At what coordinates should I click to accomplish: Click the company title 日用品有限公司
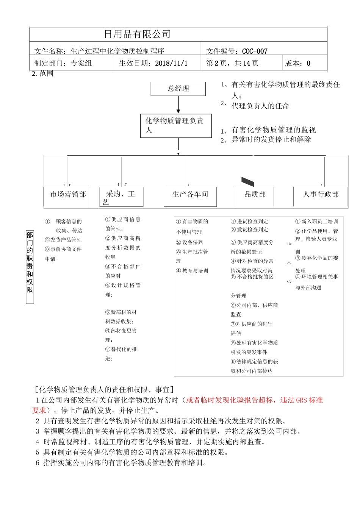click(137, 34)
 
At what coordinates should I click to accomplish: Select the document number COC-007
click(255, 52)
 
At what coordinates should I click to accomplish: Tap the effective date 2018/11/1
click(171, 63)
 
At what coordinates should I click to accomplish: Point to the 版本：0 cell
click(298, 63)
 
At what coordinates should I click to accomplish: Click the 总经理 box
click(178, 89)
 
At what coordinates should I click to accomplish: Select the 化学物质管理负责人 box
click(175, 125)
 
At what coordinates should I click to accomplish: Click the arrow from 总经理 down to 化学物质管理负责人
click(178, 105)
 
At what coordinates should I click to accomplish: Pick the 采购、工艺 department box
click(121, 197)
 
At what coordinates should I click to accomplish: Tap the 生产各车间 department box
click(190, 195)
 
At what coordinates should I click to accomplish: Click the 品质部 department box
click(255, 195)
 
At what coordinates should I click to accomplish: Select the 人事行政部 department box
click(321, 195)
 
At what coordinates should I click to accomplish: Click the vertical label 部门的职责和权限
click(30, 262)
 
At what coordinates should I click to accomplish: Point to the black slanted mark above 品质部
click(247, 182)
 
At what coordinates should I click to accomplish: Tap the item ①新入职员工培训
click(316, 222)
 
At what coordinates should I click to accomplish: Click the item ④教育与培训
click(192, 271)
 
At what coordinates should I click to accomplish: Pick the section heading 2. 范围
click(42, 74)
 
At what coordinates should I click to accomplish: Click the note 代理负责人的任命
click(260, 106)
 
